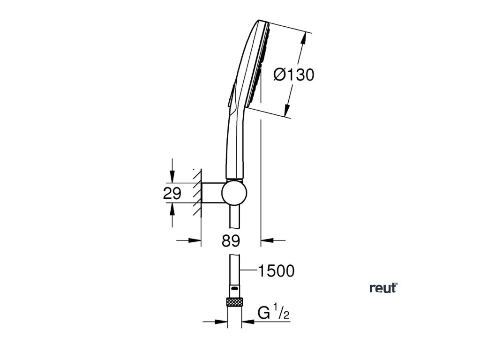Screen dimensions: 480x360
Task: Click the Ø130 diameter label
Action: (x=293, y=74)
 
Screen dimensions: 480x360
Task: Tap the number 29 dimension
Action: (x=172, y=193)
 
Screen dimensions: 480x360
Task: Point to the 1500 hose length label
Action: (x=276, y=270)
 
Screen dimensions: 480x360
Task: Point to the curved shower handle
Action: (x=230, y=141)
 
